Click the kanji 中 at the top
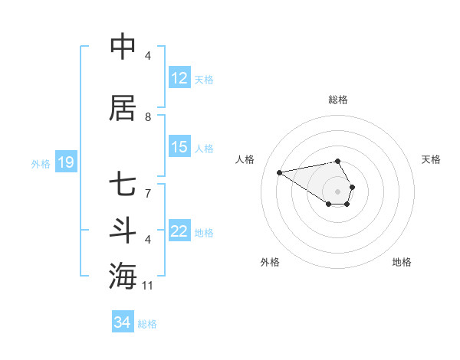pyautogui.click(x=123, y=47)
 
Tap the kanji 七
pyautogui.click(x=123, y=185)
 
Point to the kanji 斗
pyautogui.click(x=123, y=231)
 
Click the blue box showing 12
pyautogui.click(x=179, y=78)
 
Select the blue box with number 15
pyautogui.click(x=179, y=147)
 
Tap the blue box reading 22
pyautogui.click(x=179, y=231)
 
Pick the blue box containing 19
pyautogui.click(x=65, y=162)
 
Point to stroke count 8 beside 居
pyautogui.click(x=148, y=117)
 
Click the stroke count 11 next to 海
pyautogui.click(x=148, y=286)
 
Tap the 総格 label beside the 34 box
pyautogui.click(x=148, y=324)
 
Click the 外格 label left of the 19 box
pyautogui.click(x=41, y=163)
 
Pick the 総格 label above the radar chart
pyautogui.click(x=338, y=100)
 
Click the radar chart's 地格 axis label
pyautogui.click(x=402, y=262)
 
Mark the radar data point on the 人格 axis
pyautogui.click(x=280, y=172)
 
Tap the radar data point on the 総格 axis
pyautogui.click(x=338, y=161)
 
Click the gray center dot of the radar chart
pyautogui.click(x=338, y=191)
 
